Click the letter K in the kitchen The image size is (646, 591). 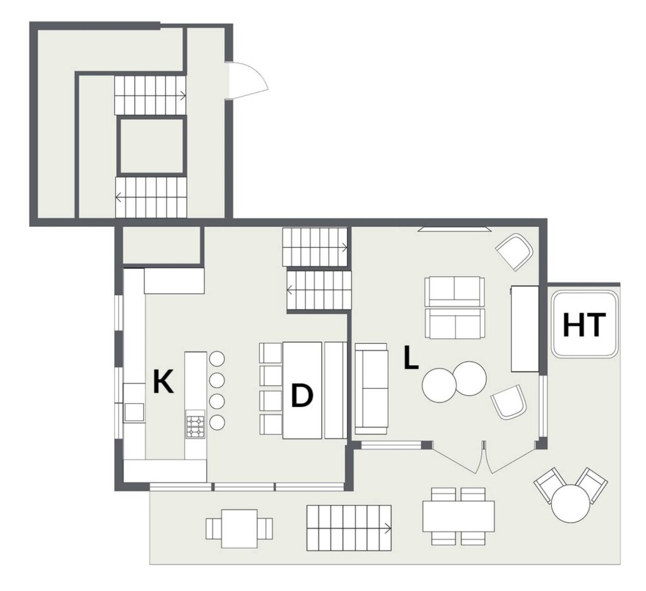pos(163,382)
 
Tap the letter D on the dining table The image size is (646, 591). pos(302,395)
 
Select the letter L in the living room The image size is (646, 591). pos(411,358)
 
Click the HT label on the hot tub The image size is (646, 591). pos(584,325)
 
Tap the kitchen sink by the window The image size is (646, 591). pos(134,412)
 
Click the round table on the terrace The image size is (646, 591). pos(570,503)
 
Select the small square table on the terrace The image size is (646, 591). pos(239,529)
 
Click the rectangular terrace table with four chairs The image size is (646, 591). pos(458,517)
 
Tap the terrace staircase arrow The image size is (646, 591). pos(388,528)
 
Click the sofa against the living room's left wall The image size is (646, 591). pos(371,389)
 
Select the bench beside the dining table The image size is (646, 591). pos(335,390)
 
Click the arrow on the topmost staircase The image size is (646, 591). pos(182,96)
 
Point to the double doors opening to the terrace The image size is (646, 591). pos(484,458)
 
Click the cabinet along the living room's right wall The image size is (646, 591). pos(525,328)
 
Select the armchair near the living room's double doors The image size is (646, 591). pos(509,402)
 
